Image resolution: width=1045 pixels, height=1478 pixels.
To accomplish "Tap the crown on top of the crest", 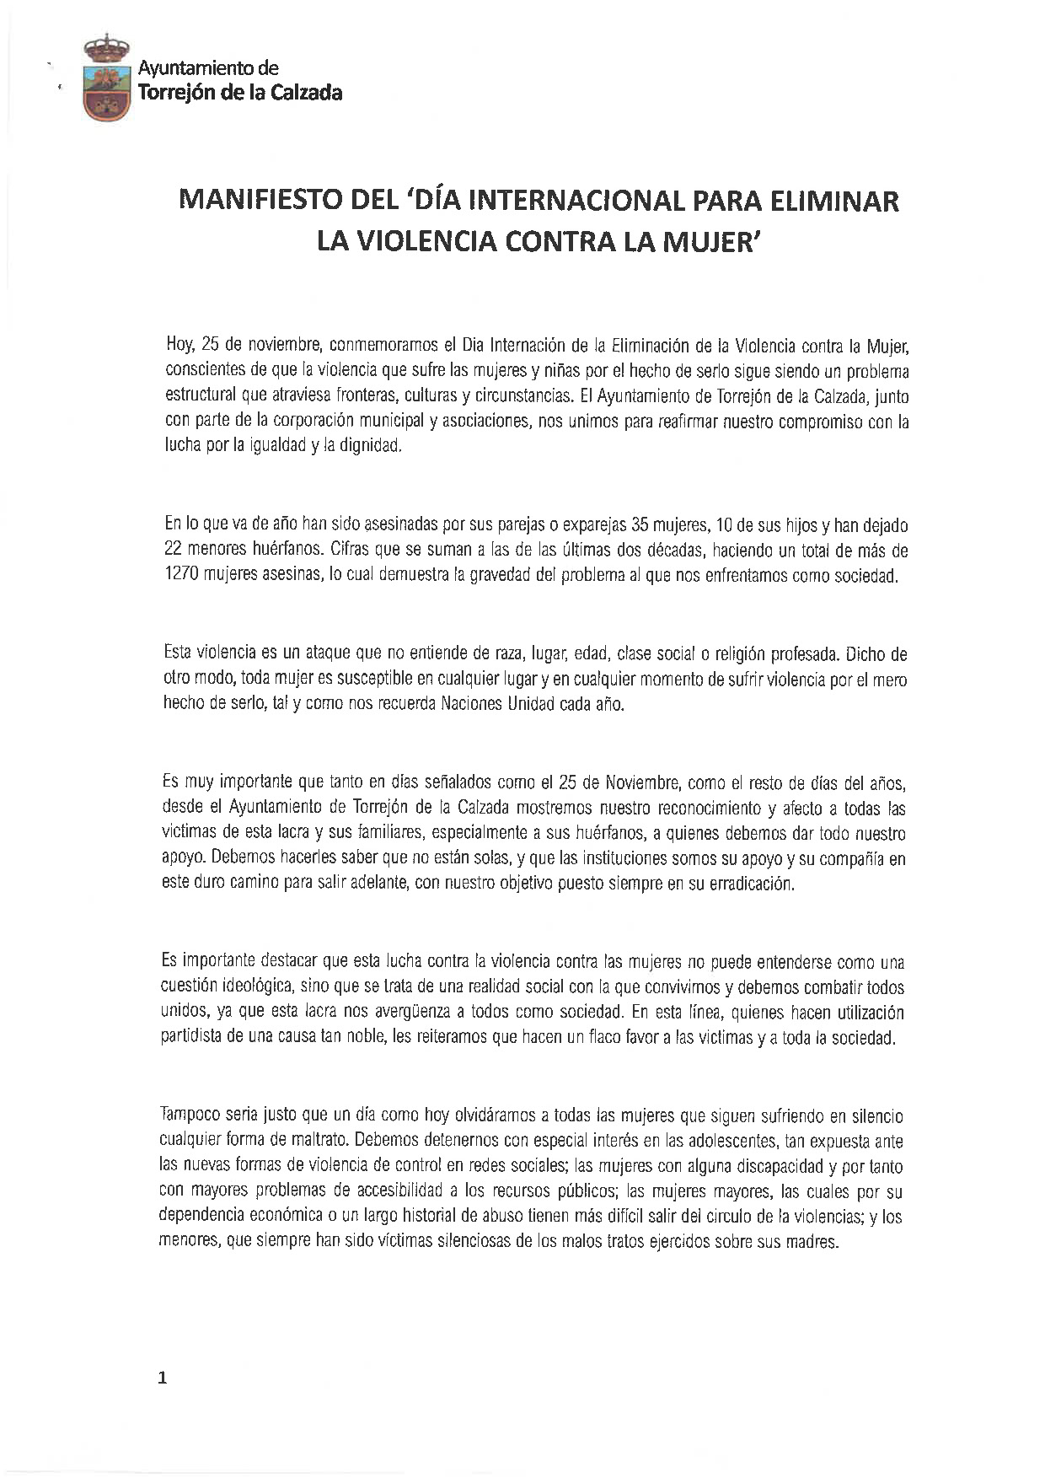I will (107, 47).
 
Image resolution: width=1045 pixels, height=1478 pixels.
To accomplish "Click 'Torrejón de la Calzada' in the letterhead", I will (240, 93).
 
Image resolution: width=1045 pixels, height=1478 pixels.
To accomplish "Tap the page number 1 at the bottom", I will (163, 1379).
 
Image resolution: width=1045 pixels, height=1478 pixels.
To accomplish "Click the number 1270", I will (182, 577).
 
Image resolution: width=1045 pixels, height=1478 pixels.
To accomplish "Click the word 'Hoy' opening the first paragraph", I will (180, 345).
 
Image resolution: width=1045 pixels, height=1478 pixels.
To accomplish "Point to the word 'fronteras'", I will (366, 395).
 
